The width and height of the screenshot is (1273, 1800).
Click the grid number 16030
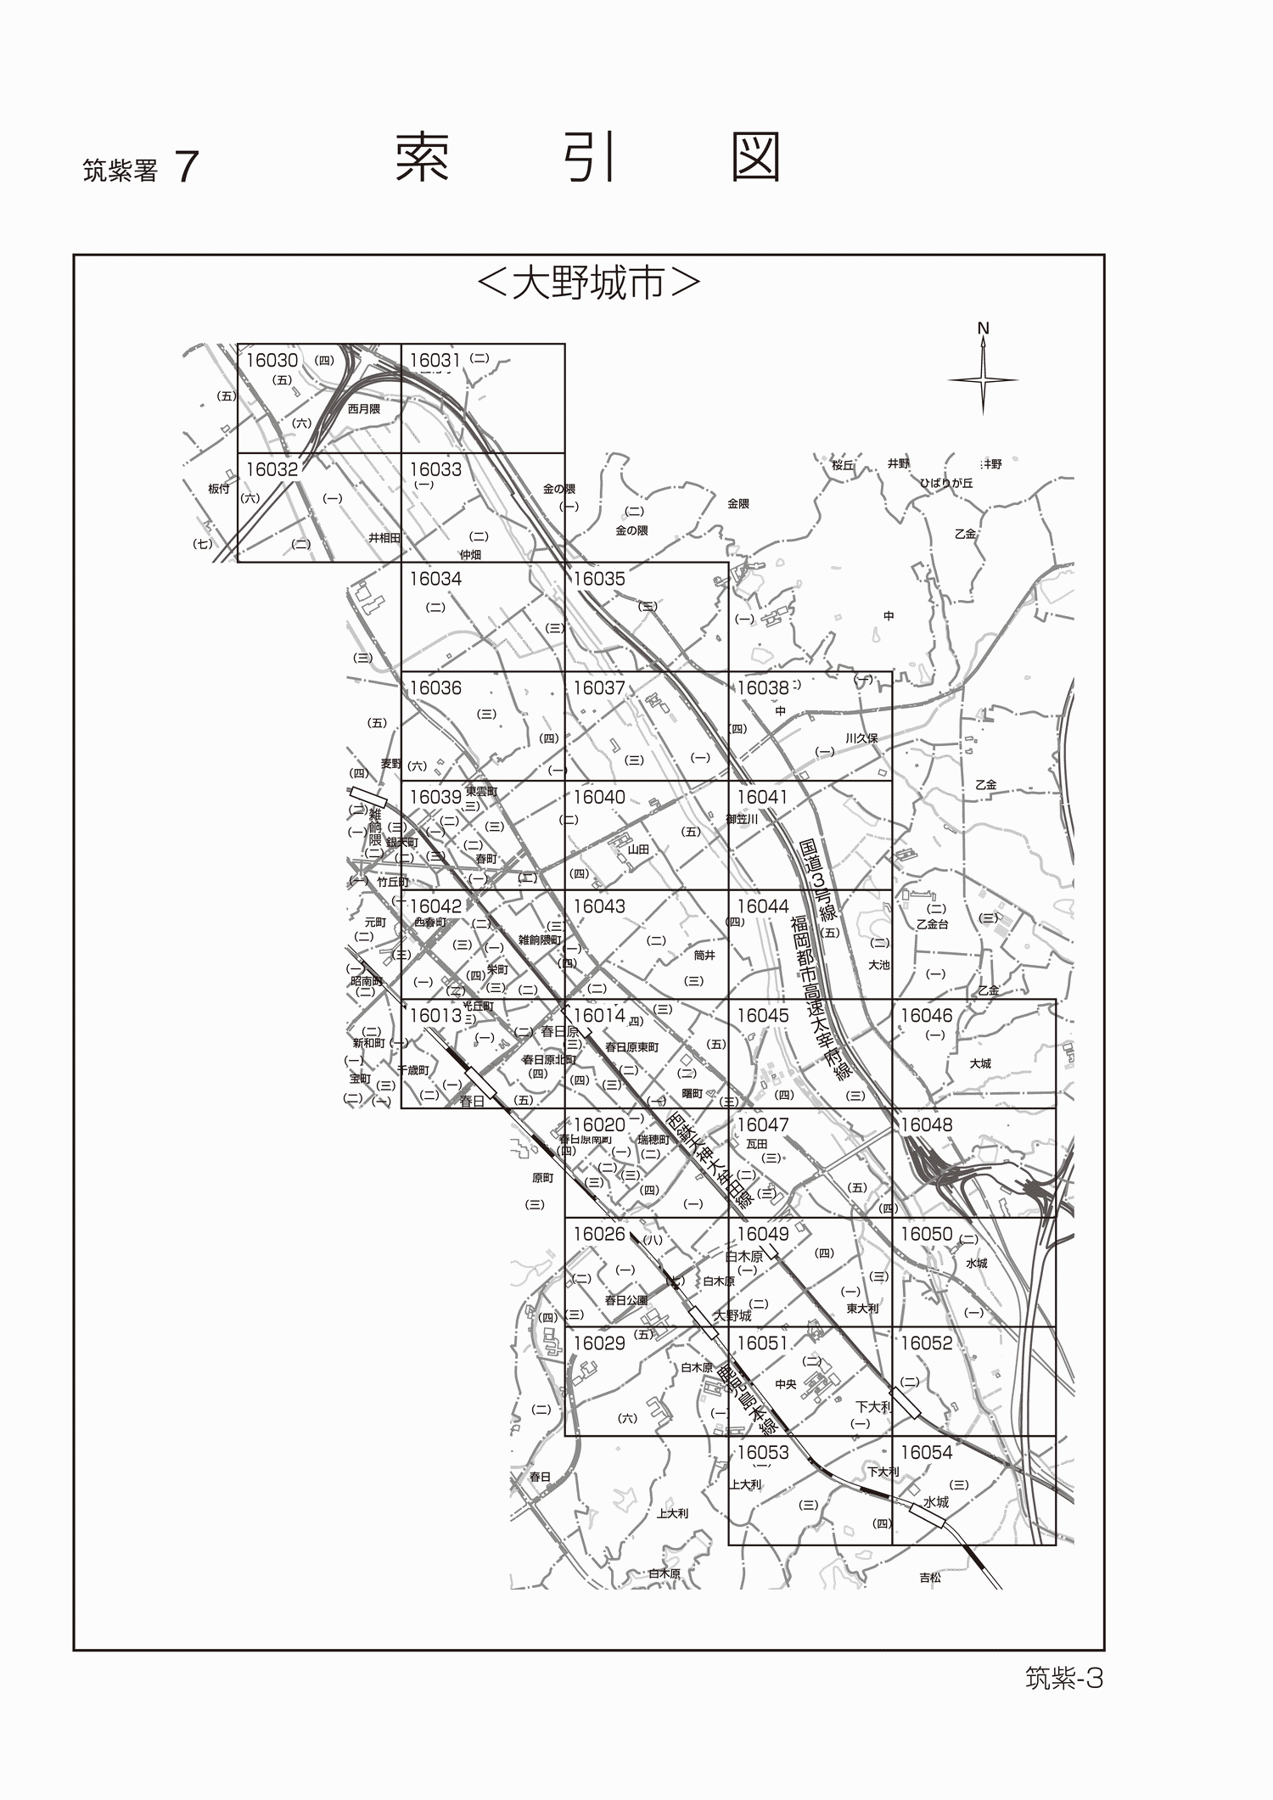click(272, 361)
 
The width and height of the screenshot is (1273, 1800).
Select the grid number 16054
click(926, 1453)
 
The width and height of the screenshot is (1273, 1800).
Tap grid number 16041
click(762, 798)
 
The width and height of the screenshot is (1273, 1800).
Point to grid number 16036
click(435, 688)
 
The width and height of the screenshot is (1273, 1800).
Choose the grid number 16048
click(926, 1125)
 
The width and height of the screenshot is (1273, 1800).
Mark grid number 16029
click(599, 1343)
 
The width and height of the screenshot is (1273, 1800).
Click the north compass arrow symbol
click(983, 373)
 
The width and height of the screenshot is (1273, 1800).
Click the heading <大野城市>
click(589, 284)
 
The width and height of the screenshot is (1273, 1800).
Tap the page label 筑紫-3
click(1063, 1679)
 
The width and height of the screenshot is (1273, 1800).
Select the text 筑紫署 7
click(140, 169)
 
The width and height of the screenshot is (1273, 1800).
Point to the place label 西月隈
click(364, 409)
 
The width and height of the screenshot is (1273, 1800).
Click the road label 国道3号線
click(820, 883)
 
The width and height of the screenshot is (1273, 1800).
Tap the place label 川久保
click(861, 738)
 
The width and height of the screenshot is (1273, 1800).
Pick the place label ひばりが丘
click(946, 483)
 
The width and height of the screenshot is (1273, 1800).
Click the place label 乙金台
click(932, 925)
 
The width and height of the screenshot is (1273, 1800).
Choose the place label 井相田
click(384, 538)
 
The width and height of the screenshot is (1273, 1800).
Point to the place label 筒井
click(704, 956)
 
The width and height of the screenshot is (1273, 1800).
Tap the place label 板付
click(218, 489)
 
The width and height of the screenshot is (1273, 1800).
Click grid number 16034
click(435, 580)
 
